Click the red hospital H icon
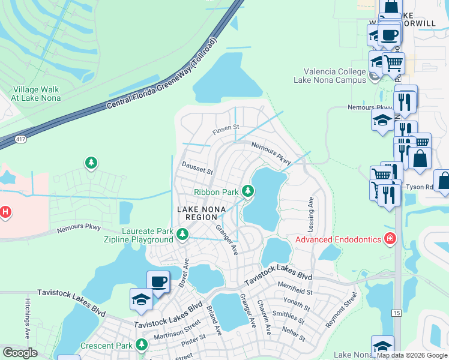coord(5,212)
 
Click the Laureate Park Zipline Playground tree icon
coord(182,234)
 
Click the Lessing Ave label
coord(312,211)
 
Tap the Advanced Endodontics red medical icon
coord(390,239)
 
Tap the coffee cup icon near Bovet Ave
coord(158,281)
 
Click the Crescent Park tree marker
coord(141,346)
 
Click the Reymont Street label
coord(342,309)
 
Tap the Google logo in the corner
coord(20,353)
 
